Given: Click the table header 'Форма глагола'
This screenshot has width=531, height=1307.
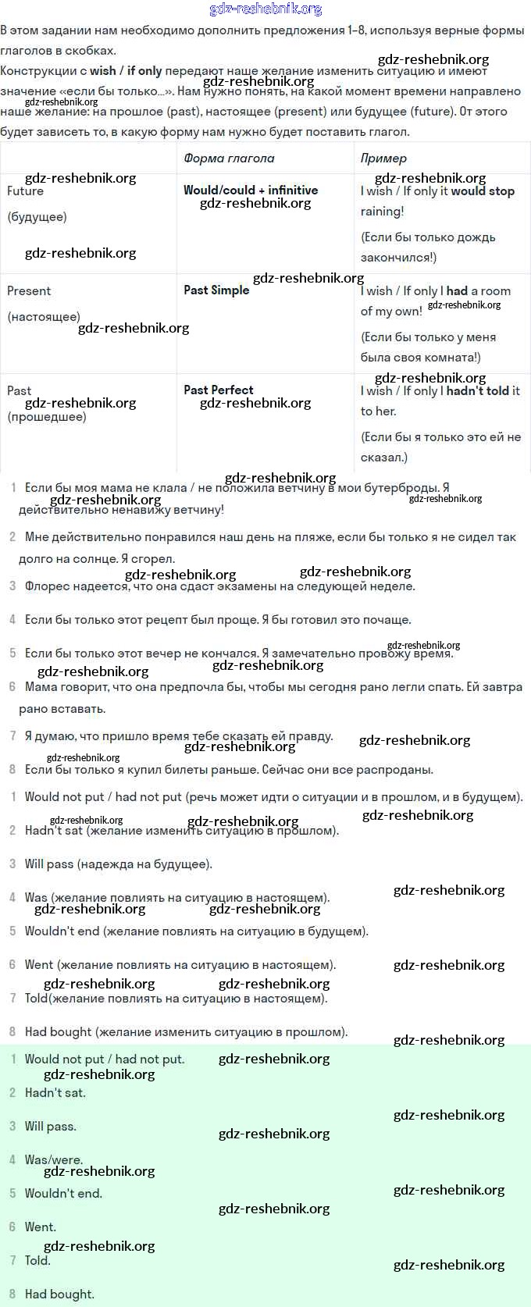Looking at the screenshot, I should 229,158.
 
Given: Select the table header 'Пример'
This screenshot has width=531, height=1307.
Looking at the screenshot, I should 383,158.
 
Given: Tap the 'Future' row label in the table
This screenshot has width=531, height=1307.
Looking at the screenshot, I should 25,191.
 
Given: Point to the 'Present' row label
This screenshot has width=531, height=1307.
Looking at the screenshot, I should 29,291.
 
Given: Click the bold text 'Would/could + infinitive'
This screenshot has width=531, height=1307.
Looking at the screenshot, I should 251,191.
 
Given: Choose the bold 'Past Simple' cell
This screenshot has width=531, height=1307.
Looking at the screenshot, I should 216,290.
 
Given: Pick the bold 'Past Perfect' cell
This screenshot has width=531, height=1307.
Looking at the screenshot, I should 219,390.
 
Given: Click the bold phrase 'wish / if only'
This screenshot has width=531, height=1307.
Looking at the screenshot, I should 125,71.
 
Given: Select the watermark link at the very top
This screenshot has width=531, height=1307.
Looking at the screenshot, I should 265,9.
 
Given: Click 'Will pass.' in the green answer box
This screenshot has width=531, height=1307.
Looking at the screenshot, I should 50,1127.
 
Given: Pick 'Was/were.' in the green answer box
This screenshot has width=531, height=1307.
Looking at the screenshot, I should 53,1160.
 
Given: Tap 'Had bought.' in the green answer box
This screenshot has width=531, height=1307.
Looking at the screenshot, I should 59,1295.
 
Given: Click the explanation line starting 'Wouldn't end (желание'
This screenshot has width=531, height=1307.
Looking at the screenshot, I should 196,931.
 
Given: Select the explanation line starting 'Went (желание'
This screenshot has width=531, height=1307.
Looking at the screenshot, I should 180,965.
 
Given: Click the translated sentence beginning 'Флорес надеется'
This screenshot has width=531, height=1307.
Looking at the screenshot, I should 219,586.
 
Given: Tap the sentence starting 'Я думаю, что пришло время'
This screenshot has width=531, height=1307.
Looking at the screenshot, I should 179,736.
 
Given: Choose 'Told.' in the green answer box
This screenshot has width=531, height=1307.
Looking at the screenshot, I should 37,1261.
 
